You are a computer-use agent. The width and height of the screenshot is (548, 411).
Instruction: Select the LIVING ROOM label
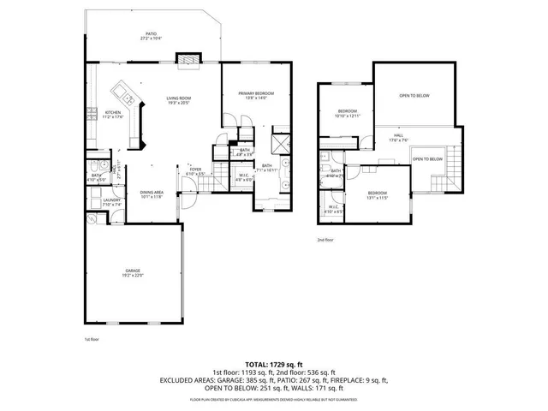[178, 98]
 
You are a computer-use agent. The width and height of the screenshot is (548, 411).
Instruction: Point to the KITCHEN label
[113, 112]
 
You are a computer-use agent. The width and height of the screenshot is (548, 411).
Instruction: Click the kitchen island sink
[123, 94]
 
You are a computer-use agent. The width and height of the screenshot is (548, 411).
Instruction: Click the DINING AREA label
[152, 192]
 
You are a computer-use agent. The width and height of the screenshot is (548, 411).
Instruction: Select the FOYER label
[195, 169]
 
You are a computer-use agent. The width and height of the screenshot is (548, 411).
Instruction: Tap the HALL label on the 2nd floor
[399, 135]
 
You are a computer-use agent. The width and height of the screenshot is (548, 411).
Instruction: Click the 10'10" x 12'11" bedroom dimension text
[348, 116]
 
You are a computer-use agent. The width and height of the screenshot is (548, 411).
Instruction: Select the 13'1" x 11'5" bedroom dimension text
[378, 198]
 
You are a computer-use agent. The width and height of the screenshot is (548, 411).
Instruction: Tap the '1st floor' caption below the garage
[92, 340]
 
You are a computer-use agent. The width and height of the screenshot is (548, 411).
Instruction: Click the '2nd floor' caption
[325, 240]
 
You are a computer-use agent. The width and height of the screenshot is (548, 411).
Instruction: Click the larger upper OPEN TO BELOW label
[414, 95]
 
